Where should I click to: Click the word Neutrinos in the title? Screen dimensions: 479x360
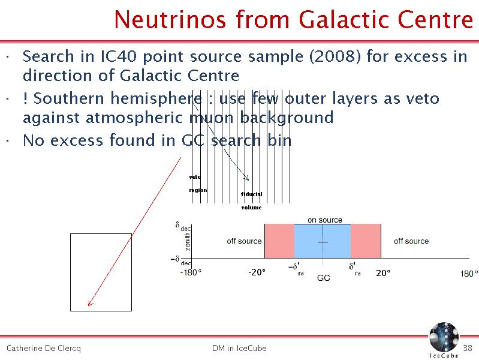coord(170,20)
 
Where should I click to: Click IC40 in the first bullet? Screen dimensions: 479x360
coord(118,56)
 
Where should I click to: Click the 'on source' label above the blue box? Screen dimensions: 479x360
coord(325,220)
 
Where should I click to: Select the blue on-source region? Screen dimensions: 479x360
coord(323,241)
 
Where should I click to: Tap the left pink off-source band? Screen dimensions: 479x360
coord(279,241)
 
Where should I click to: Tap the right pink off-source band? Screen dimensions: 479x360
coord(366,241)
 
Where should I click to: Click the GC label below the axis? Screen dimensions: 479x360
coord(324,278)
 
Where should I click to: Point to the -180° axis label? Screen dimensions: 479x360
coord(191,272)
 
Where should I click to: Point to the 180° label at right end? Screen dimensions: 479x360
coord(469,274)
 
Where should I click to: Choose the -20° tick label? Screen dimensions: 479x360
coord(257,272)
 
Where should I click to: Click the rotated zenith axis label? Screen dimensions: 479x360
coord(187,241)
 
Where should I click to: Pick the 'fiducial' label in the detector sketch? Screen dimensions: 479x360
coord(251,194)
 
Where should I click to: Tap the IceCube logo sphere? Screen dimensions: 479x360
coord(444,337)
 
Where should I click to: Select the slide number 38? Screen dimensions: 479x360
coord(468,348)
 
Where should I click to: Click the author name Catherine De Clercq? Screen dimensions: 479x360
coord(44,349)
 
